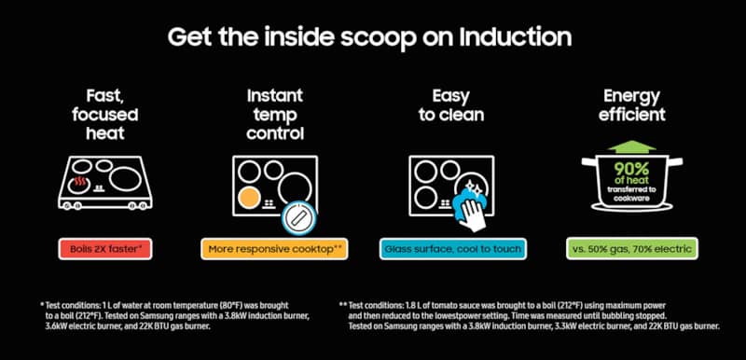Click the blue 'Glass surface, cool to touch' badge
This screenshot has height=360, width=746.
click(x=453, y=249)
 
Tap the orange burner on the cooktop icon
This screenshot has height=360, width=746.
click(x=248, y=197)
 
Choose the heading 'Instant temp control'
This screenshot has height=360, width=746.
click(x=275, y=115)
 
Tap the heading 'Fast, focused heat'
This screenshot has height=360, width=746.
click(x=103, y=115)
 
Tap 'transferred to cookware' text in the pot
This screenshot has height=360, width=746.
click(x=634, y=191)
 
